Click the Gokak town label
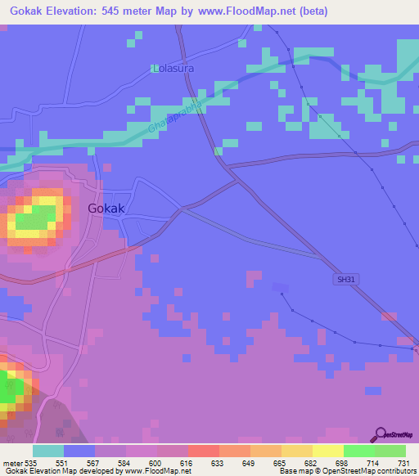(106, 209)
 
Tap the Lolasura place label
(173, 69)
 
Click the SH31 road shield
(346, 280)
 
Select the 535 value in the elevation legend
(32, 462)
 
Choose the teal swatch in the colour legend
(48, 451)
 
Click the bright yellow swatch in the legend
(327, 451)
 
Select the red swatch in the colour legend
(203, 451)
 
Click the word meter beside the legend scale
(12, 462)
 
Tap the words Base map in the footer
(293, 471)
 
